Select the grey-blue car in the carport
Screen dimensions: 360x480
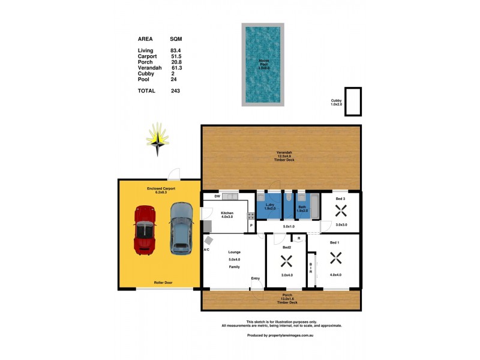(x=181, y=229)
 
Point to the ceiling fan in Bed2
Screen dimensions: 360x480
(x=286, y=262)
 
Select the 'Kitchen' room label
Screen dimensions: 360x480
(x=227, y=213)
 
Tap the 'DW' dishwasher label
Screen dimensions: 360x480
(x=208, y=196)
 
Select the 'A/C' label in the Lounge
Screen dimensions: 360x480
(x=206, y=249)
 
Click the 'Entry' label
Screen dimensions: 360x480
(x=256, y=278)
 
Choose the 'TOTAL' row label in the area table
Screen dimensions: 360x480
(x=146, y=91)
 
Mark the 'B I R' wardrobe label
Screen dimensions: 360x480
(x=311, y=268)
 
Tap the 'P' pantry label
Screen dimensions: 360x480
(x=251, y=226)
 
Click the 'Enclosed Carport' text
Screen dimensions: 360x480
(x=161, y=188)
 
